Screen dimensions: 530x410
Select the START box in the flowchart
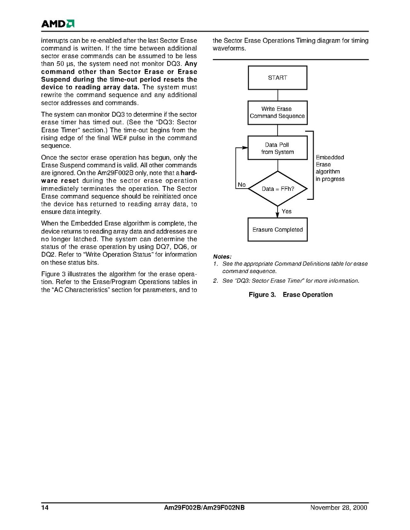(277, 78)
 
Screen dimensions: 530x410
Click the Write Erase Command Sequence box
(277, 113)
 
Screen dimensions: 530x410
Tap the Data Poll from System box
(277, 148)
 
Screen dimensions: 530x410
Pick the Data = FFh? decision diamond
(277, 189)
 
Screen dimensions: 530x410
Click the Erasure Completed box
(277, 229)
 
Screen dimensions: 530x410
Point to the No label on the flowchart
(242, 185)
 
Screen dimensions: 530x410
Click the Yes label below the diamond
(287, 211)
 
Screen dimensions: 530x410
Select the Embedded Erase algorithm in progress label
(330, 168)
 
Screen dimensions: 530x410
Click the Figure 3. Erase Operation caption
(290, 295)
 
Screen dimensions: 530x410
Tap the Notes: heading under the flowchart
(222, 257)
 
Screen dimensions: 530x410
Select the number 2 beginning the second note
(215, 281)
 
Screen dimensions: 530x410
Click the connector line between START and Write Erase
(278, 95)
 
